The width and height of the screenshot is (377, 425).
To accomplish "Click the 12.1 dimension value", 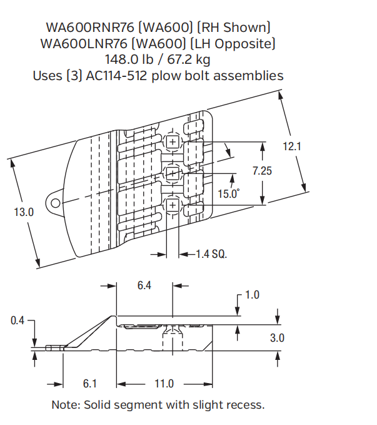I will (x=292, y=146).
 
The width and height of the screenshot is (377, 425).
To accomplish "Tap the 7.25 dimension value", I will (x=262, y=170).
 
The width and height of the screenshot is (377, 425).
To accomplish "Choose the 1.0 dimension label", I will (x=252, y=295).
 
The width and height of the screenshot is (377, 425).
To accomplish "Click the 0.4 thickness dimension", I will (x=19, y=320).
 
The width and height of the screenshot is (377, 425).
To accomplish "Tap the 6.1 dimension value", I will (x=90, y=384).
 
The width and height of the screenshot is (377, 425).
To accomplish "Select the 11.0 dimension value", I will (x=164, y=384).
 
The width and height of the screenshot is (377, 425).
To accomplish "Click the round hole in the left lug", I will (x=56, y=203).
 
